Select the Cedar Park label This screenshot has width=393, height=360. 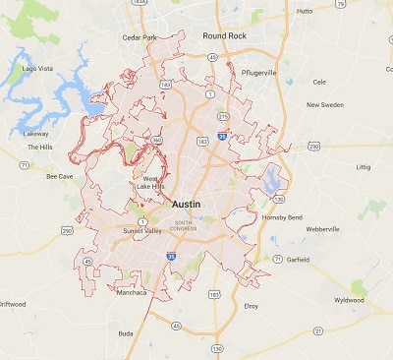140,38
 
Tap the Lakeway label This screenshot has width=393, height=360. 35,133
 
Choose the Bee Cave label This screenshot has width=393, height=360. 60,176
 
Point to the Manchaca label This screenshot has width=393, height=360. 132,292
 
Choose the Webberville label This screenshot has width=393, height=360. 320,228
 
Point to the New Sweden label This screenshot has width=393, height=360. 326,104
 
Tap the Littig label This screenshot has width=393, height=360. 364,166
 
